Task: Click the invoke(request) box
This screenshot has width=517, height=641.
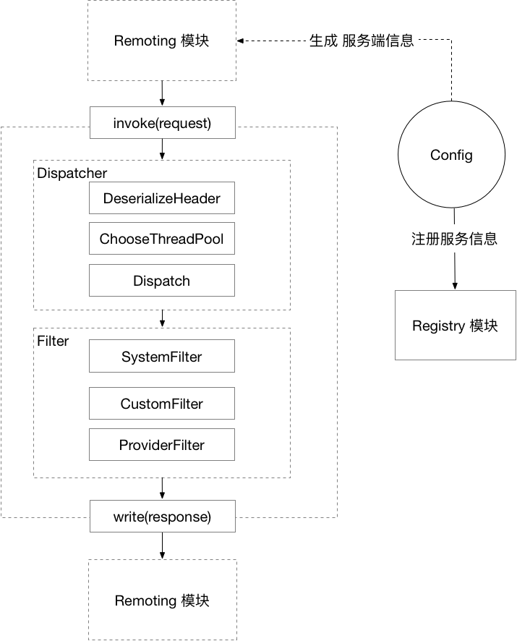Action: (x=162, y=123)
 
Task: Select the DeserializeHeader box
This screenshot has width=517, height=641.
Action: (x=162, y=198)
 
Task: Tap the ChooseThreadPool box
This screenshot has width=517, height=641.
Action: (x=162, y=239)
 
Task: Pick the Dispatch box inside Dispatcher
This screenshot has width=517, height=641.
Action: (x=162, y=281)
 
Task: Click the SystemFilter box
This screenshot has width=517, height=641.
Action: (x=162, y=357)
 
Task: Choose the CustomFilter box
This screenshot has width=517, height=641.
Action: (x=162, y=404)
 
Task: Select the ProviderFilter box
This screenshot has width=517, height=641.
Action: (x=162, y=445)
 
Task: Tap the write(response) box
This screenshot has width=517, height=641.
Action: (x=162, y=517)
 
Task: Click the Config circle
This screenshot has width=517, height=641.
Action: (x=451, y=155)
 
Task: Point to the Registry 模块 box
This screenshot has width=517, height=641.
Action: (x=455, y=326)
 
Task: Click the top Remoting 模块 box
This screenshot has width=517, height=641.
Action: (x=162, y=41)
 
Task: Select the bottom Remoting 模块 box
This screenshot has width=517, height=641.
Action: (x=162, y=600)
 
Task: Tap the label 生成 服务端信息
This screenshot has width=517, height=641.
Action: (x=362, y=41)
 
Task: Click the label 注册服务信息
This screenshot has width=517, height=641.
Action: (x=454, y=239)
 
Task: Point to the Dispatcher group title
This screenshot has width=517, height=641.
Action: (x=72, y=174)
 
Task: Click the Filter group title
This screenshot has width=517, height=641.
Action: (x=53, y=341)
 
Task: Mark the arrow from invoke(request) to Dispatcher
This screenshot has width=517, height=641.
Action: (x=162, y=149)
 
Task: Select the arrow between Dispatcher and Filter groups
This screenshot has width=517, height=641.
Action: (x=162, y=318)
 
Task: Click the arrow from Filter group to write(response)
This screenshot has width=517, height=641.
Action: (x=162, y=488)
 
